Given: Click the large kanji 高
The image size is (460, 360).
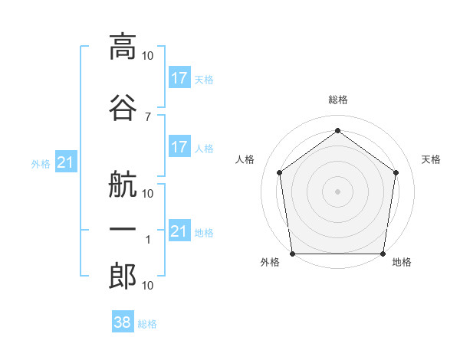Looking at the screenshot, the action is click(x=123, y=47).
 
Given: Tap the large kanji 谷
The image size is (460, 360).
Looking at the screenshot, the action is click(x=123, y=107).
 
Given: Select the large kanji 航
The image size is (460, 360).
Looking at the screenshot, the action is click(x=123, y=185).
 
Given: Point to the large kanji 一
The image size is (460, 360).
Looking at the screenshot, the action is click(x=123, y=229).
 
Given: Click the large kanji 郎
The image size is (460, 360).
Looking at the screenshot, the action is click(x=123, y=277).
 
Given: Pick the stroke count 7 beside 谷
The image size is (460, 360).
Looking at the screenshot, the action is click(x=148, y=117).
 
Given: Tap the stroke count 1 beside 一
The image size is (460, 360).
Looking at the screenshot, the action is click(x=148, y=240).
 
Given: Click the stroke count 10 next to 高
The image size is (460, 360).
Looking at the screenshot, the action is click(x=147, y=56).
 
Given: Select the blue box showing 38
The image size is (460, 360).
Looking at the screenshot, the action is click(x=123, y=321).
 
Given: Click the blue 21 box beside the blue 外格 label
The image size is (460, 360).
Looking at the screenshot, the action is click(x=66, y=162).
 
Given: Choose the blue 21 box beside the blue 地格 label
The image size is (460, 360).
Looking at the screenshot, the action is click(x=180, y=230).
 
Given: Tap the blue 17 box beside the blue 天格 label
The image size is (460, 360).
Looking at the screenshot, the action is click(x=180, y=77).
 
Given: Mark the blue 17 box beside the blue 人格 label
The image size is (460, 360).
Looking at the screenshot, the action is click(x=180, y=146).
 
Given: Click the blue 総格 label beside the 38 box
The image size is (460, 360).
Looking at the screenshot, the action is click(x=147, y=324).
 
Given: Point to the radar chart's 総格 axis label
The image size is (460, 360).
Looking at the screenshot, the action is click(x=338, y=100).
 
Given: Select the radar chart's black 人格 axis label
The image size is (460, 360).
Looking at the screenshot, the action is click(x=245, y=159).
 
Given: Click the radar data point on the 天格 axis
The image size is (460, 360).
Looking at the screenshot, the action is click(x=396, y=172).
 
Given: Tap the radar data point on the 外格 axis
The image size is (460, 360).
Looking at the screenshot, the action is click(x=293, y=254).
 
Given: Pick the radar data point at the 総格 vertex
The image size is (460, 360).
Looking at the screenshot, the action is click(x=337, y=130).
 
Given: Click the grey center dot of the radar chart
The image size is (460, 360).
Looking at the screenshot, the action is click(x=337, y=191).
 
